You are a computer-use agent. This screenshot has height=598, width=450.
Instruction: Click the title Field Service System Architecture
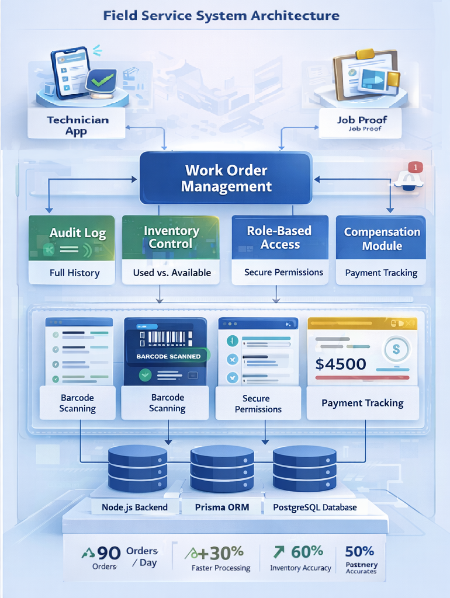(221, 15)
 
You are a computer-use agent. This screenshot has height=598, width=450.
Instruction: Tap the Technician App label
(78, 125)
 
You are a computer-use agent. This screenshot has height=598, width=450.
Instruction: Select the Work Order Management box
(226, 179)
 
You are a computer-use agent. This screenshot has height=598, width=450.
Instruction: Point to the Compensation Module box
(381, 238)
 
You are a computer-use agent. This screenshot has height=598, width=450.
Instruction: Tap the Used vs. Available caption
(171, 273)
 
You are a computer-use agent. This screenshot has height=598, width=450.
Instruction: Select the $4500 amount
(341, 364)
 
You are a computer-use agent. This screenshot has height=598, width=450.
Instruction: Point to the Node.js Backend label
(134, 507)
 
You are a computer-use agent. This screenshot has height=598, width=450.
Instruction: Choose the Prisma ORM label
(222, 507)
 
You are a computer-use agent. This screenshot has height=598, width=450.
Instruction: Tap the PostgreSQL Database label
(314, 507)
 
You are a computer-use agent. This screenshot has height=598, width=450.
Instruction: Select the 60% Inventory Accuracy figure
(300, 557)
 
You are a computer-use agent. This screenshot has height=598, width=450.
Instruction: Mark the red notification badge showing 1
(415, 167)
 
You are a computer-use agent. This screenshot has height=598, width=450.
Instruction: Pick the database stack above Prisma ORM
(222, 469)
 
